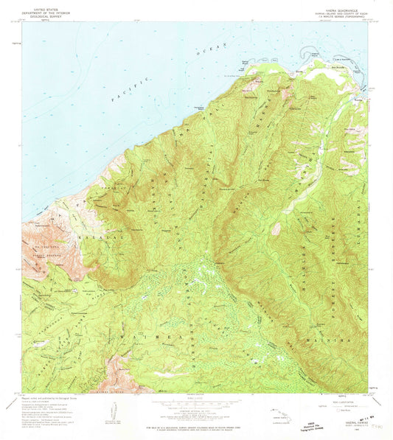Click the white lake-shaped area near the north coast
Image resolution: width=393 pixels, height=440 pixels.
click(x=324, y=74)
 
